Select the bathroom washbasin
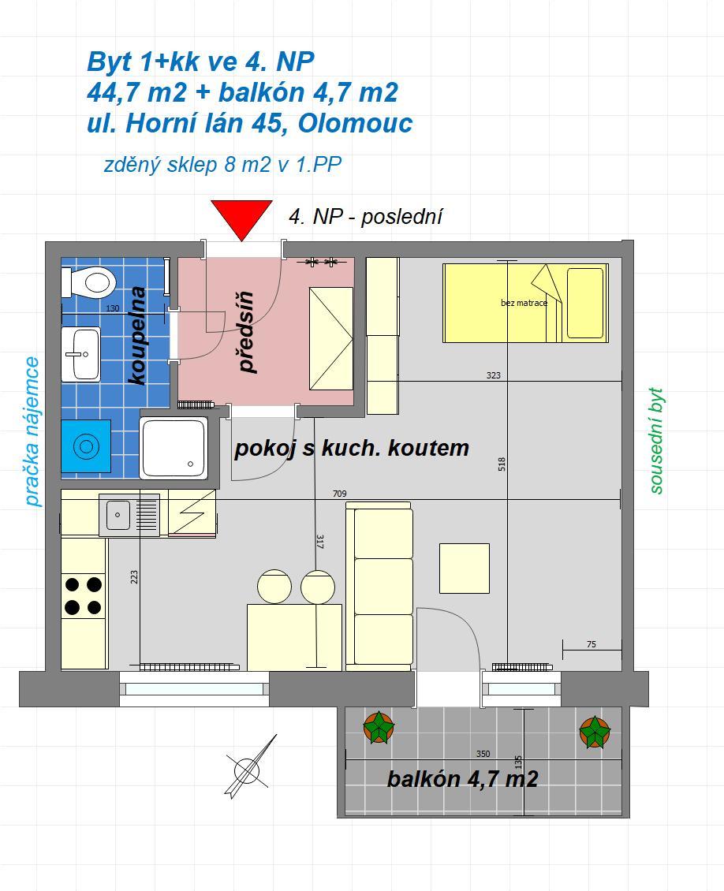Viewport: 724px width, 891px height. pos(80,353)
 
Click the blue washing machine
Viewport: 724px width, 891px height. pos(86,446)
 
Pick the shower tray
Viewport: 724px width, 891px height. pos(174,448)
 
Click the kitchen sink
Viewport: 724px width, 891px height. pos(129,515)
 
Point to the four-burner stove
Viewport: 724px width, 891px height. pos(84,595)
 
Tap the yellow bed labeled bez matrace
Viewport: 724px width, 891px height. pos(526,303)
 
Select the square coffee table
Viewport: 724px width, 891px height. pos(465,569)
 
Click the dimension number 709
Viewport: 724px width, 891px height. pos(339,494)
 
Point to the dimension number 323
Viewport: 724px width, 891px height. pos(493,375)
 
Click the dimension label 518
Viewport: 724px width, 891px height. pos(502,464)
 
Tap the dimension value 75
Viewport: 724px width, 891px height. pos(591,644)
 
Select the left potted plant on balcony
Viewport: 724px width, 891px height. pos(379,727)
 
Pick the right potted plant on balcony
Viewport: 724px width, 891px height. pos(595,732)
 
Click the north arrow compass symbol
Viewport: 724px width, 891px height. pos(249,768)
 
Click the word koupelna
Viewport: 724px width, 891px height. pos(138,336)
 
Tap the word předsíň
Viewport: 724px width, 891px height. pos(246,333)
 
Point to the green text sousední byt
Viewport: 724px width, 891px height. pos(656,441)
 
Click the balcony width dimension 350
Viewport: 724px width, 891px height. pos(483,754)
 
